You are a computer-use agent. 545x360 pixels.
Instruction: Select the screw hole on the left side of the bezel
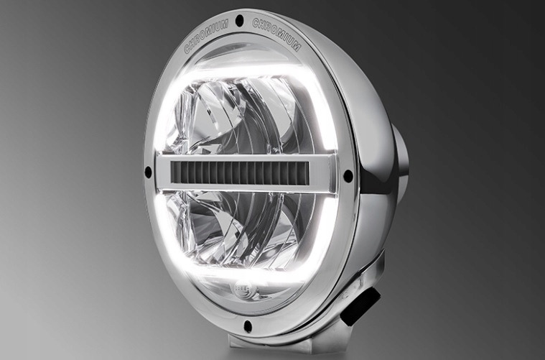148,172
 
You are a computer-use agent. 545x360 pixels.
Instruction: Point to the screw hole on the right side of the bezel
348,175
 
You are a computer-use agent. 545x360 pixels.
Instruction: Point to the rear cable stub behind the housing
401,158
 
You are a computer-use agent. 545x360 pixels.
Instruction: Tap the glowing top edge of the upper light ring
244,69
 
